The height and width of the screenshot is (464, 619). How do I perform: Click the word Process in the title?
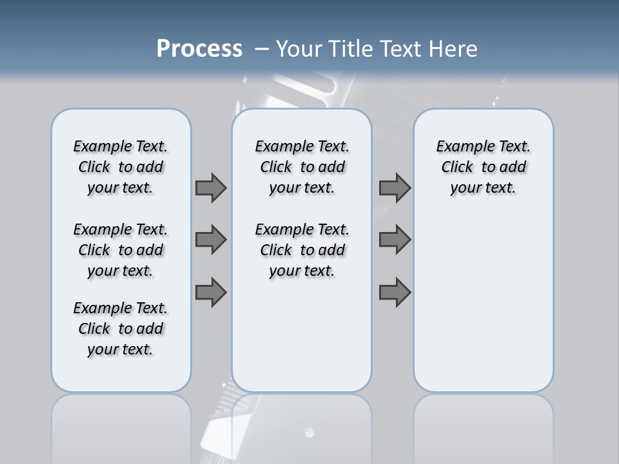click(x=199, y=49)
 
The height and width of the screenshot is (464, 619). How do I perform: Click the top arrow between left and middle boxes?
click(x=211, y=188)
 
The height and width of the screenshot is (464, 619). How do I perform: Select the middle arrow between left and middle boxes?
click(x=211, y=240)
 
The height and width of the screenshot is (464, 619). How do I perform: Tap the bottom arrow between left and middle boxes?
click(x=211, y=293)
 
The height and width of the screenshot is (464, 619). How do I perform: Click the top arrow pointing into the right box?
click(x=395, y=188)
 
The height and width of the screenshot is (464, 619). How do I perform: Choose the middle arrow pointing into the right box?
click(x=395, y=240)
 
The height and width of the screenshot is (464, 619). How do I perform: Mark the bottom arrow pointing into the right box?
click(x=395, y=293)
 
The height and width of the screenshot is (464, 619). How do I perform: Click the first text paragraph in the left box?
click(x=121, y=167)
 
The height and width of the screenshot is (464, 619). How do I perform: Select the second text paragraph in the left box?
click(x=121, y=250)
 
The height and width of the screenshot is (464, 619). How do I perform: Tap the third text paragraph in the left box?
click(x=121, y=329)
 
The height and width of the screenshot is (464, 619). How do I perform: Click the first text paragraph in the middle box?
click(x=302, y=167)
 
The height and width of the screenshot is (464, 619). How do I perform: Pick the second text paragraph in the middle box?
click(x=302, y=250)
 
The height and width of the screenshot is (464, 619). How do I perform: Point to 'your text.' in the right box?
click(x=483, y=188)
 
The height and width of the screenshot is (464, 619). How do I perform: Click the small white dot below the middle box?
click(x=309, y=432)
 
